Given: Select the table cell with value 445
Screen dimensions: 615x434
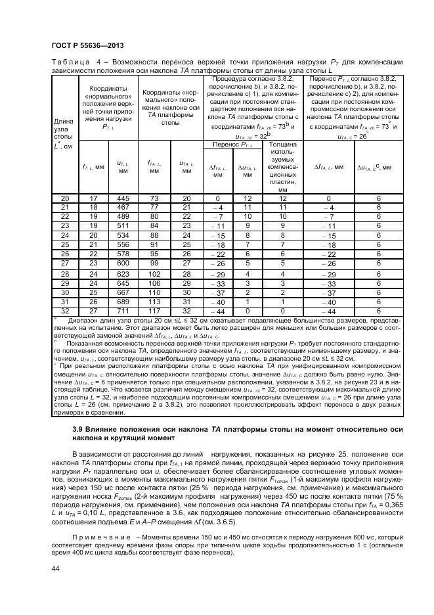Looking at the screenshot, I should coord(123,198).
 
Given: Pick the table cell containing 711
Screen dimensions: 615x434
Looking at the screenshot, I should coord(123,310).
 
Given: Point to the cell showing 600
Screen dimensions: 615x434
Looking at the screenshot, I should coord(123,263).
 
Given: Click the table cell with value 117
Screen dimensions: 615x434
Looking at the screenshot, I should coord(154,310).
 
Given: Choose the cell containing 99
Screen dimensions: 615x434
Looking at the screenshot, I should coord(154,263).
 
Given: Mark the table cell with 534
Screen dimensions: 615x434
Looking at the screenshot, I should coord(123,235).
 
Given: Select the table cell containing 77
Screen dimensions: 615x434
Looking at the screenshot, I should coord(154,208).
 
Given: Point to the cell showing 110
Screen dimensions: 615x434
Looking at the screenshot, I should coord(154,292).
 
